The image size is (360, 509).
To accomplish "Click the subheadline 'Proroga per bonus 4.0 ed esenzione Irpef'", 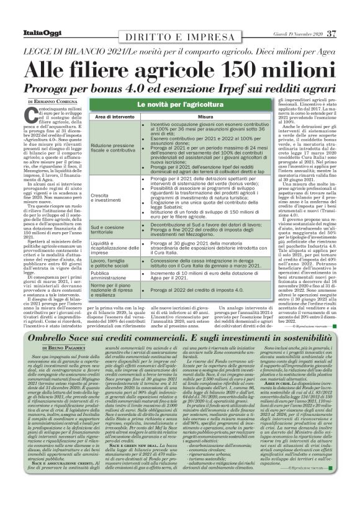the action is tap(180, 86).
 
